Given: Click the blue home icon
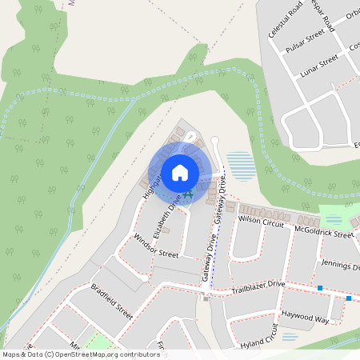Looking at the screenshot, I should (180, 172).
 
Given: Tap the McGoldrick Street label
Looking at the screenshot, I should (323, 232).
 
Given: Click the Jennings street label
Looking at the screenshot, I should (341, 263).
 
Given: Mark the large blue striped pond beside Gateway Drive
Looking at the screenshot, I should (242, 165).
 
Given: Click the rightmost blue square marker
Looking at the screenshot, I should (349, 298).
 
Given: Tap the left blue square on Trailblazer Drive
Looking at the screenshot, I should (319, 288).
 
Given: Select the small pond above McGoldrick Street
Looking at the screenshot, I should (334, 218).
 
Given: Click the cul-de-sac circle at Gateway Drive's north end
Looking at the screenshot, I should (214, 142).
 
